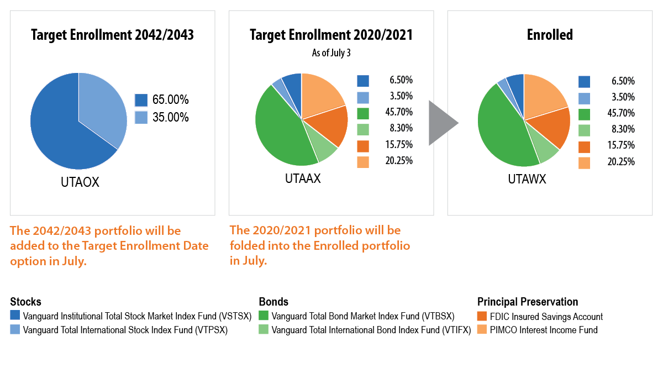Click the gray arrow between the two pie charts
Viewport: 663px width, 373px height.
tap(442, 123)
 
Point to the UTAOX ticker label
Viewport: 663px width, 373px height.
tap(80, 182)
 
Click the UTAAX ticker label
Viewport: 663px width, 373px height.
tap(302, 179)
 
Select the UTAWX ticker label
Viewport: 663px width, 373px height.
tap(527, 180)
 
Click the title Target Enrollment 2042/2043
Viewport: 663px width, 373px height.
tap(112, 35)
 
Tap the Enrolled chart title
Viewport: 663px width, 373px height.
tap(549, 35)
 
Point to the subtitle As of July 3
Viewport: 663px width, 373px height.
tap(331, 53)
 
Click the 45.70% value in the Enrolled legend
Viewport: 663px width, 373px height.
tap(620, 113)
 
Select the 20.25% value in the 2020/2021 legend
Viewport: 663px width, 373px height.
tap(399, 161)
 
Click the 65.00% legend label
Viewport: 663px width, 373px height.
tap(171, 100)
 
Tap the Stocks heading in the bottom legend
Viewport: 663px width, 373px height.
tap(25, 302)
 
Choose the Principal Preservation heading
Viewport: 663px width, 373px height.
tap(527, 302)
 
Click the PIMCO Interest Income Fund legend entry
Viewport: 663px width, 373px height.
tap(544, 330)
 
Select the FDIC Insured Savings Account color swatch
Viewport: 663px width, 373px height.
tap(482, 317)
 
